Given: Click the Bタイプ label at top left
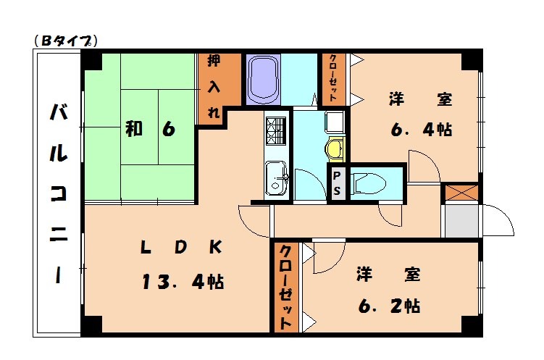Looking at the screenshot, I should pos(66,41).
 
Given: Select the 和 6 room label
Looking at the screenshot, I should pos(150,130).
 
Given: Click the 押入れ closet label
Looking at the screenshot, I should pos(214,88).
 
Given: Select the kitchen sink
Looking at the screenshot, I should pos(276,178).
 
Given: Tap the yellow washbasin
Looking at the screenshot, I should pos(334,149).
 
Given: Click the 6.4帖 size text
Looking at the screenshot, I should pos(422,130).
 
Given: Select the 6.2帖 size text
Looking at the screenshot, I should pos(388,305).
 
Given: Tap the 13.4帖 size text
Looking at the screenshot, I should pos(183,281).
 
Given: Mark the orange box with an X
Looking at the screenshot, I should pos(461,193).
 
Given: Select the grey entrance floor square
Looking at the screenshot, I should pos(461,221).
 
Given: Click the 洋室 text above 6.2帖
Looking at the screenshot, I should pos(388,275).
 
